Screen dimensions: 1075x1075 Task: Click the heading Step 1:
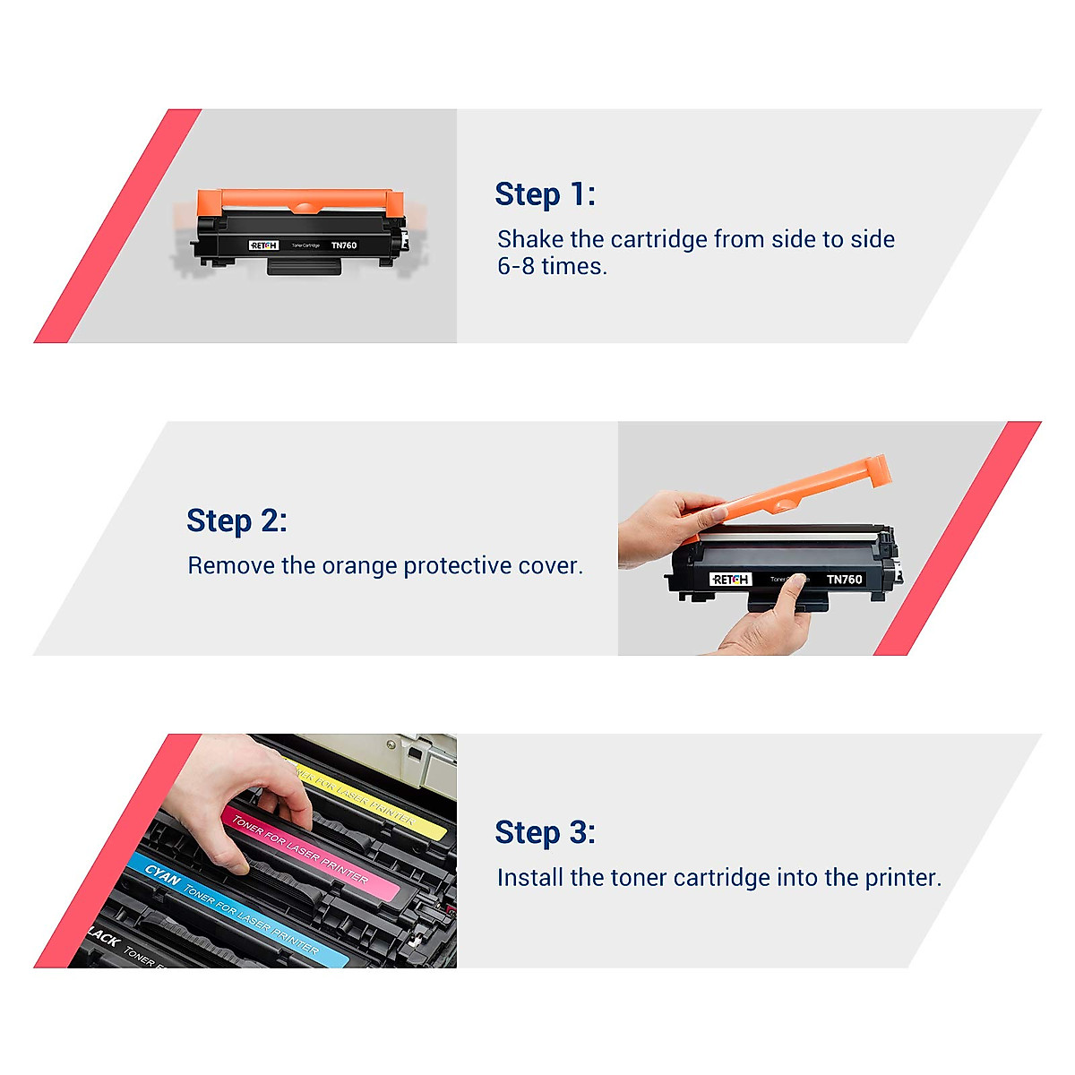(545, 194)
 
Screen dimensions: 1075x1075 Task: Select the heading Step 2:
(236, 520)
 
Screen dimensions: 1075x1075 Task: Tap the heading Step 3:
(545, 832)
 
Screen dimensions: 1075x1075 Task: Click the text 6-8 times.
(552, 266)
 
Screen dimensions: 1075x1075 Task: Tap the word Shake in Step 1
(530, 239)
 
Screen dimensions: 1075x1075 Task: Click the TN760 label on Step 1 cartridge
(344, 245)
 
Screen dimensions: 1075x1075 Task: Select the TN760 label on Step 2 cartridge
(844, 580)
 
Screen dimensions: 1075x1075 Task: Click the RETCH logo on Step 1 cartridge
(264, 245)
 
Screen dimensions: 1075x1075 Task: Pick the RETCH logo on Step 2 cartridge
(730, 580)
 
